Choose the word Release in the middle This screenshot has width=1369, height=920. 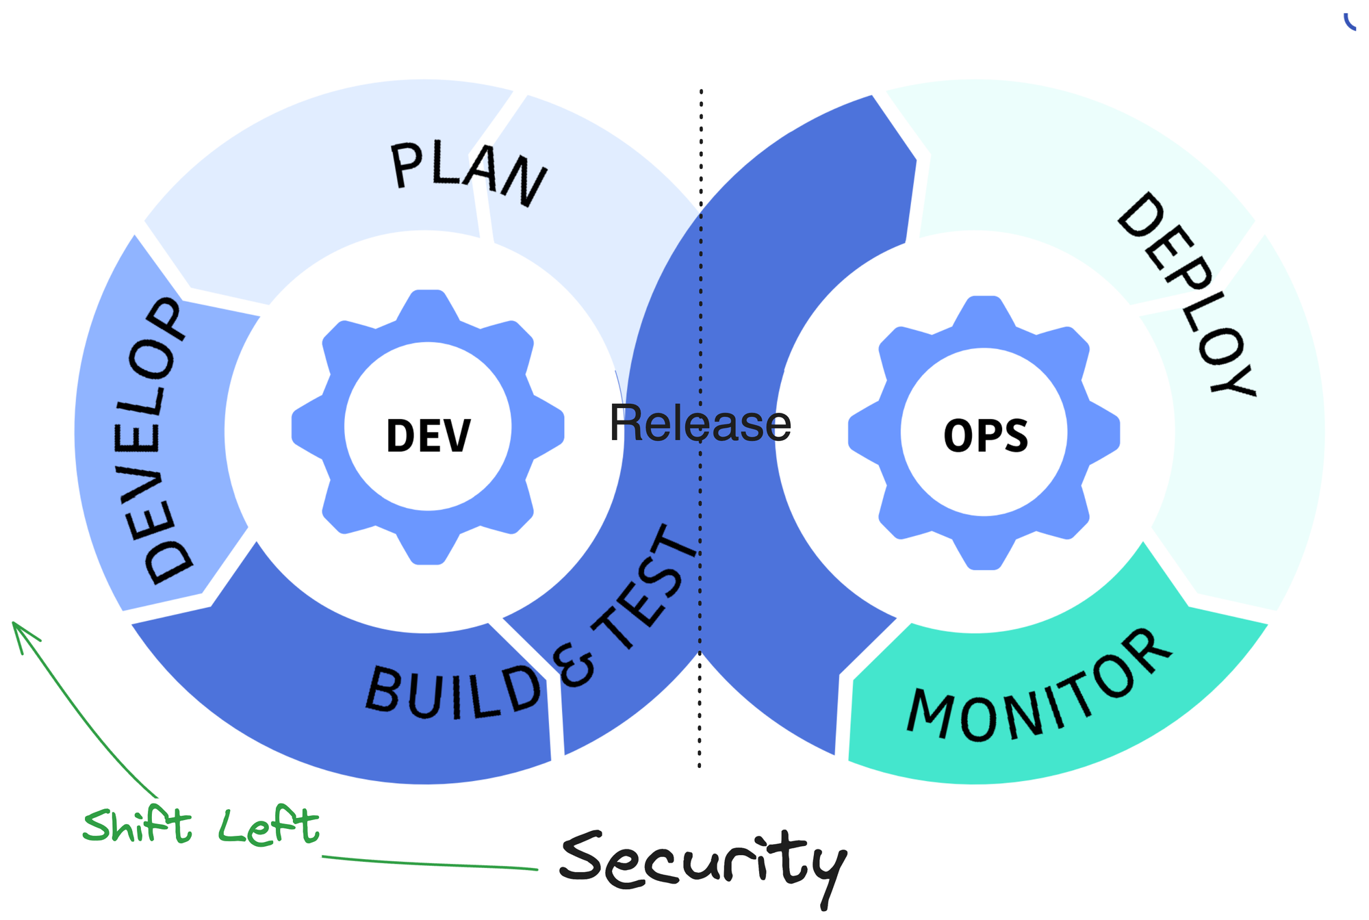[x=700, y=423]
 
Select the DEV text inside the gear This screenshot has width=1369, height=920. [x=428, y=435]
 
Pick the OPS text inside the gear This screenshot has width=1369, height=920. [x=986, y=435]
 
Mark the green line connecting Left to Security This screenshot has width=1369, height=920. [x=431, y=864]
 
